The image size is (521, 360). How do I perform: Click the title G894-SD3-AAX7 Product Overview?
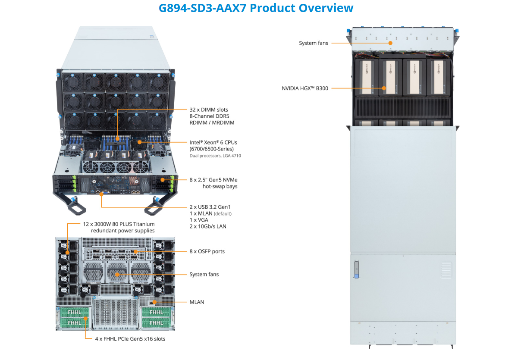(256, 8)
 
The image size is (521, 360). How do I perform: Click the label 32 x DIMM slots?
(209, 110)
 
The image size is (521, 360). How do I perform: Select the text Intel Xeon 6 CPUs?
(213, 142)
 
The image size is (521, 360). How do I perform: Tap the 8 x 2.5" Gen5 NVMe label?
(213, 180)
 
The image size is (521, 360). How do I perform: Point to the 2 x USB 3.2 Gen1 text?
(210, 207)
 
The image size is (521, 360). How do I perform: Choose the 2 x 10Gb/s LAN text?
(208, 226)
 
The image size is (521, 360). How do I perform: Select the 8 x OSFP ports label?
(207, 251)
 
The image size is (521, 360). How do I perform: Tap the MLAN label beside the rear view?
(197, 302)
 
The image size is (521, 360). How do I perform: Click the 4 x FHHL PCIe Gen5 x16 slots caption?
(130, 339)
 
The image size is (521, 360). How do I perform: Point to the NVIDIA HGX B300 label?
(305, 88)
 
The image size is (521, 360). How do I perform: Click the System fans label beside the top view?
(314, 43)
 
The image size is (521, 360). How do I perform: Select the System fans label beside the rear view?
(204, 275)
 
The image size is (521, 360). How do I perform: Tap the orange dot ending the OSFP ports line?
(135, 251)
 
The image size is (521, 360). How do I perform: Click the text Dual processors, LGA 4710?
(215, 156)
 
